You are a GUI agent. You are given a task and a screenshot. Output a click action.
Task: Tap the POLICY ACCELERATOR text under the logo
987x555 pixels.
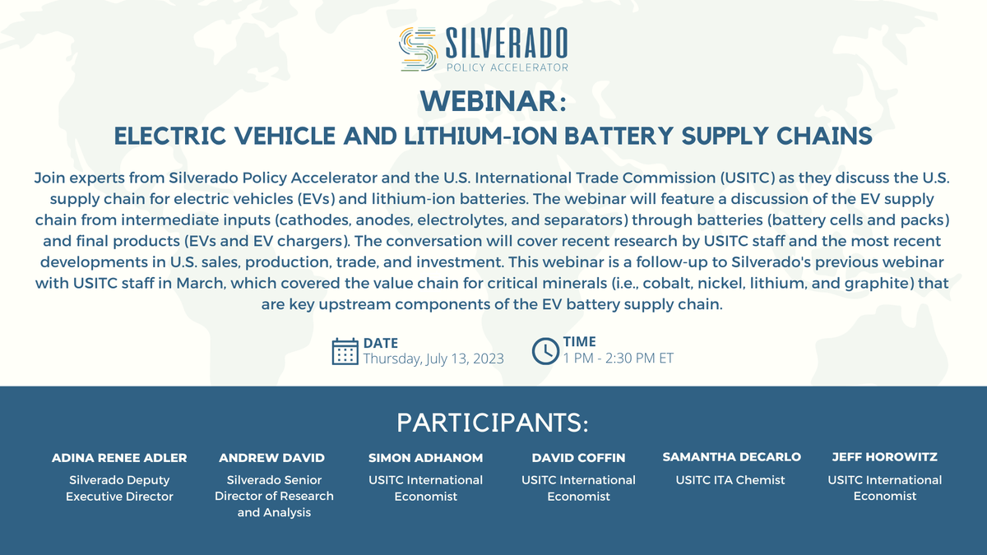click(507, 67)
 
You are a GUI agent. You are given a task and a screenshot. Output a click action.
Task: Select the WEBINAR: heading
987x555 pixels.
click(493, 101)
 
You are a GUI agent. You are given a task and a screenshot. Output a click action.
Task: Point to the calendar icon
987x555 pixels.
click(345, 350)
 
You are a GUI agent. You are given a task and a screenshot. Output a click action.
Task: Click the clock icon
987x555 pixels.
click(545, 350)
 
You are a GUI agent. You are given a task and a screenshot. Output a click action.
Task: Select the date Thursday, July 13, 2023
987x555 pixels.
click(433, 358)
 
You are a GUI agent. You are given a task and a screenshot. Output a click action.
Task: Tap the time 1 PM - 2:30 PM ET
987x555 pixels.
click(618, 358)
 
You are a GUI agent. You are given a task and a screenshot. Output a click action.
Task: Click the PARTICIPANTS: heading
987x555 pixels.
click(493, 423)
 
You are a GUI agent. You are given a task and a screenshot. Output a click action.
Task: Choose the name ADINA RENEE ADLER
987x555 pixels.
click(119, 457)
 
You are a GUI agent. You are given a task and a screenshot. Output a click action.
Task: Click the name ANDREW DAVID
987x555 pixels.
click(271, 457)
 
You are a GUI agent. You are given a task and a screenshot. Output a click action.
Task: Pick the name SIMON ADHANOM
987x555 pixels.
click(425, 457)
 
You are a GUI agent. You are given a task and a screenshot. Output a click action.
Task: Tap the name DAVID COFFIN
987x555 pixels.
click(578, 457)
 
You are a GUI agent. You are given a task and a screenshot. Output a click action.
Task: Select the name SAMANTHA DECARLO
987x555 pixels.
click(731, 457)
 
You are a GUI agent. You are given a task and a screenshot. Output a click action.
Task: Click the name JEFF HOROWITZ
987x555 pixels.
click(884, 457)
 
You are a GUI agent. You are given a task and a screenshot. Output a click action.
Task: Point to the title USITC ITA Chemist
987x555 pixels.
click(731, 480)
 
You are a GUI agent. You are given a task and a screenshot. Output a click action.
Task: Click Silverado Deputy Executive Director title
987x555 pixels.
click(119, 488)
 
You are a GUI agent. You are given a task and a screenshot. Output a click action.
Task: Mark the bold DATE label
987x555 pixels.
click(381, 343)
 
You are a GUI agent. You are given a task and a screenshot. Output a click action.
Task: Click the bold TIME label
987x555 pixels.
click(580, 342)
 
